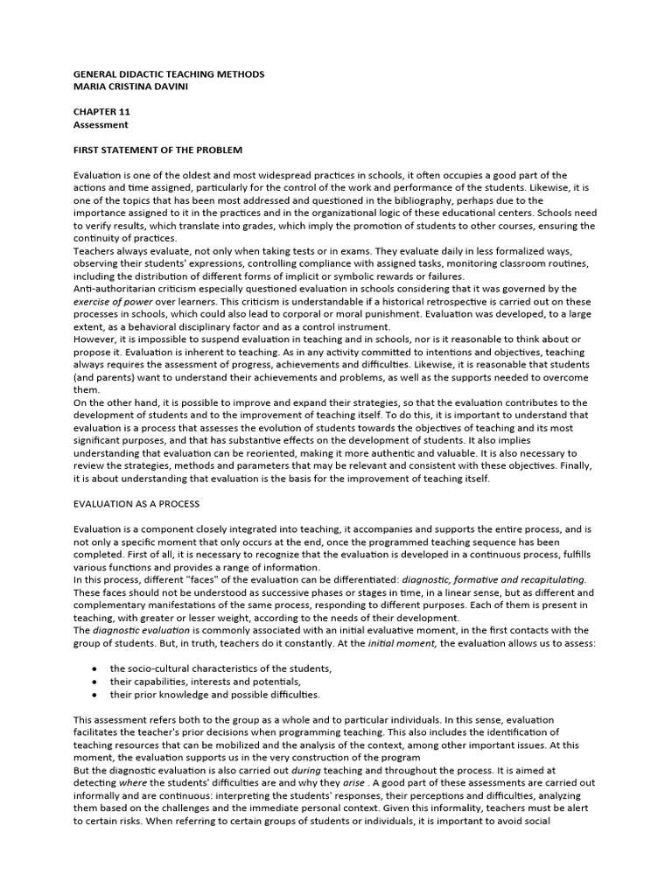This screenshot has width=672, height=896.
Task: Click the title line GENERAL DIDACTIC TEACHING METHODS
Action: coord(168,75)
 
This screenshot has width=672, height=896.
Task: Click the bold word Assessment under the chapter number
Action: coord(101,125)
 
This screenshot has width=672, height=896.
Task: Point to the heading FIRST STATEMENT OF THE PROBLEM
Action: coord(157,150)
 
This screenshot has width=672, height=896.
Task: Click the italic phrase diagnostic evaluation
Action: coord(137,630)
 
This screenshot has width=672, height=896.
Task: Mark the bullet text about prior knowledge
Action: coord(214,694)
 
